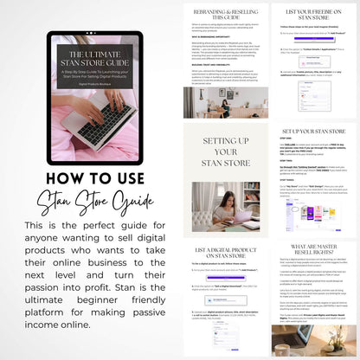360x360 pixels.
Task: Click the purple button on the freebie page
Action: [316, 39]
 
